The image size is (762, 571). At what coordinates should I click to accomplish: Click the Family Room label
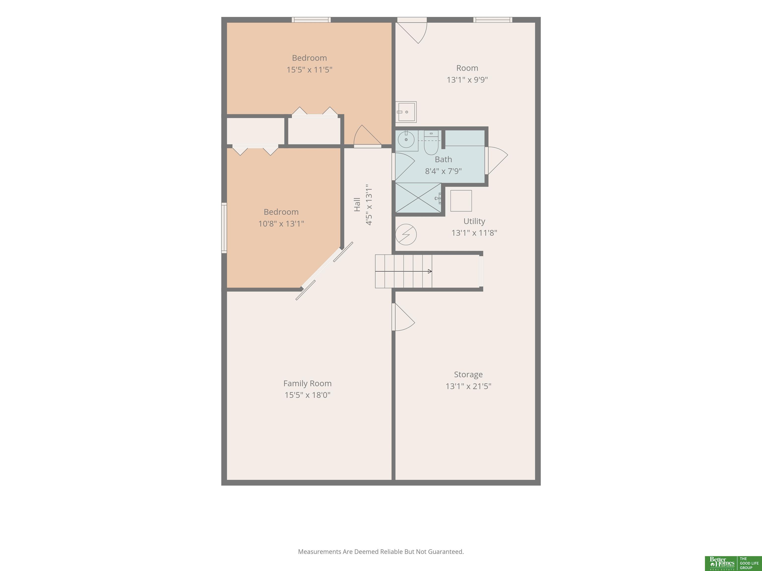pyautogui.click(x=307, y=383)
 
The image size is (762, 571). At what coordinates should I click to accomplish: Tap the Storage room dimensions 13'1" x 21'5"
pyautogui.click(x=468, y=386)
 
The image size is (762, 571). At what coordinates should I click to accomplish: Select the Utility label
pyautogui.click(x=474, y=221)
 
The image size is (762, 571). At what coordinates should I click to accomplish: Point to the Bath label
pyautogui.click(x=443, y=159)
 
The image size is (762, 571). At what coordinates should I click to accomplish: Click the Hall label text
pyautogui.click(x=357, y=204)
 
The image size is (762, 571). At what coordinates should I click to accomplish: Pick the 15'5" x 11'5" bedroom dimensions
pyautogui.click(x=309, y=70)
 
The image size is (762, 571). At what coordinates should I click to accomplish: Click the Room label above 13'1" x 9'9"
pyautogui.click(x=467, y=68)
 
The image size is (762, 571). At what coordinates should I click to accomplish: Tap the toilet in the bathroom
pyautogui.click(x=431, y=143)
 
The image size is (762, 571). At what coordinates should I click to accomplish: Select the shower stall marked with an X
pyautogui.click(x=418, y=198)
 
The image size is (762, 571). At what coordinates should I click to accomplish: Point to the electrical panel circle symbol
pyautogui.click(x=406, y=235)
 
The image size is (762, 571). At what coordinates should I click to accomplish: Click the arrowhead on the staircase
pyautogui.click(x=430, y=271)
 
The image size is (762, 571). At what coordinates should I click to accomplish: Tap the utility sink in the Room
pyautogui.click(x=406, y=112)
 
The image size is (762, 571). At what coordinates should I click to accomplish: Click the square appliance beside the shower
pyautogui.click(x=461, y=201)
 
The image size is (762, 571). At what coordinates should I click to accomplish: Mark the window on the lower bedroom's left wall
pyautogui.click(x=224, y=228)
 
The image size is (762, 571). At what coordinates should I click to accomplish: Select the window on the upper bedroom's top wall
pyautogui.click(x=311, y=20)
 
